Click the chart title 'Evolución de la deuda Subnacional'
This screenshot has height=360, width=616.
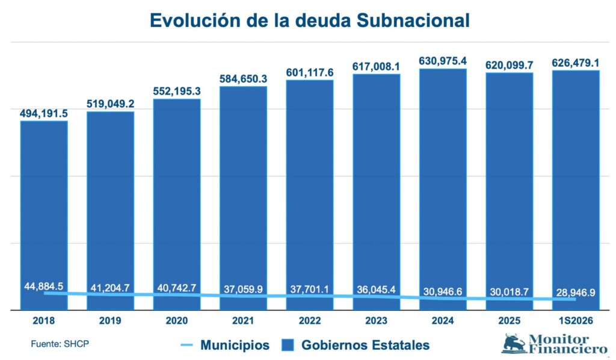pyautogui.click(x=310, y=20)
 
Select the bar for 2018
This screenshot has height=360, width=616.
pyautogui.click(x=44, y=216)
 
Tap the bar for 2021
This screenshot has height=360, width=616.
pyautogui.click(x=243, y=198)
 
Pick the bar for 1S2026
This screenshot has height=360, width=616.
pyautogui.click(x=576, y=190)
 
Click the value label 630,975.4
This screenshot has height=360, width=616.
pyautogui.click(x=443, y=61)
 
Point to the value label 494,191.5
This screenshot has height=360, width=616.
pyautogui.click(x=44, y=114)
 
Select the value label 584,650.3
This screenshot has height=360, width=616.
pyautogui.click(x=243, y=79)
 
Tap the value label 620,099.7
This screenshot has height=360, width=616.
pyautogui.click(x=509, y=65)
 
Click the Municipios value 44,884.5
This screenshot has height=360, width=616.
pyautogui.click(x=44, y=287)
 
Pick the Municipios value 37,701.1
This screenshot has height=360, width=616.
pyautogui.click(x=310, y=289)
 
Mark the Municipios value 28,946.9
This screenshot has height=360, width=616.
pyautogui.click(x=576, y=293)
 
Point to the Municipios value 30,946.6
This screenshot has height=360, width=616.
pyautogui.click(x=443, y=291)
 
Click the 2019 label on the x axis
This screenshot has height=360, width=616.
pyautogui.click(x=110, y=321)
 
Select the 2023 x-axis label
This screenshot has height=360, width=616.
pyautogui.click(x=377, y=321)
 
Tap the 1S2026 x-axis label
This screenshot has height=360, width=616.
pyautogui.click(x=576, y=321)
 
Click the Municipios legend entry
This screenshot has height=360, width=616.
pyautogui.click(x=225, y=345)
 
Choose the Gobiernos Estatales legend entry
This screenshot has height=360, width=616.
pyautogui.click(x=356, y=345)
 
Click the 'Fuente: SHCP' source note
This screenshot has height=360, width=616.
pyautogui.click(x=60, y=344)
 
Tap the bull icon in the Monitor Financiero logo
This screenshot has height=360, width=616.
pyautogui.click(x=514, y=343)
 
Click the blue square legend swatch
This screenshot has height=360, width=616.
pyautogui.click(x=288, y=346)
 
